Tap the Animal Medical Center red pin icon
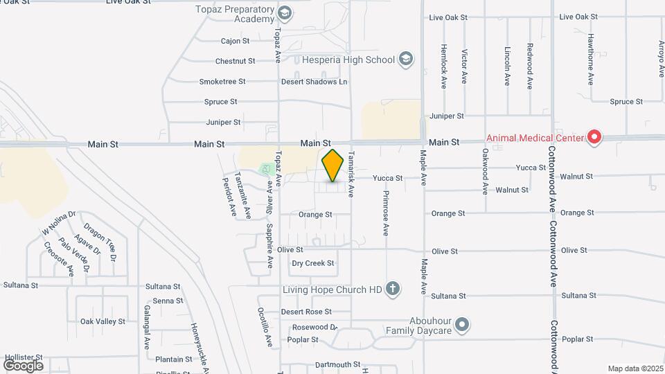tap(594, 138)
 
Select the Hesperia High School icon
tap(406, 60)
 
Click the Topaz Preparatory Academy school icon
tap(284, 13)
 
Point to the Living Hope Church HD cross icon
tap(393, 289)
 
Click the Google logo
tap(23, 365)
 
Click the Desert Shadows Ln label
tap(314, 82)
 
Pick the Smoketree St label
tap(222, 82)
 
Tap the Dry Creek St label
tap(312, 263)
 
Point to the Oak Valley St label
tap(103, 321)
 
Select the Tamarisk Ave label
tap(351, 172)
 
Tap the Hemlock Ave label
tap(443, 66)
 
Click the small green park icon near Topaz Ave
tap(265, 168)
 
